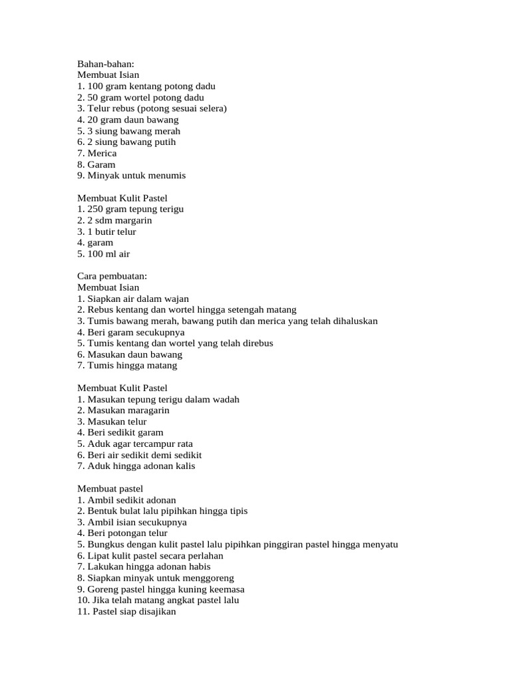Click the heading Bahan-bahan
[x=106, y=64]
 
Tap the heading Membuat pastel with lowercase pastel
[x=110, y=488]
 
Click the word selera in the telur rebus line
[x=211, y=108]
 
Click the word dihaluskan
[x=350, y=321]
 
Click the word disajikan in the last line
[x=154, y=611]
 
